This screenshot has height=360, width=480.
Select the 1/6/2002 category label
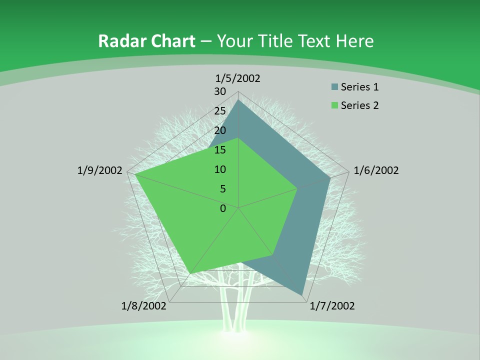(376, 170)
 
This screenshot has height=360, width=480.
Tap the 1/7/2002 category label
(332, 306)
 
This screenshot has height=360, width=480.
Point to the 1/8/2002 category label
(144, 306)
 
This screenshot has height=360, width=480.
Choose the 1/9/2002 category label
(100, 170)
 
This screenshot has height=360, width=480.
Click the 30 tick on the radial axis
(220, 91)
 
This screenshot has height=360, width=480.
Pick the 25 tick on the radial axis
(220, 111)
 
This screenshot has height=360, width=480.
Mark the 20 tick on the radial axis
(220, 130)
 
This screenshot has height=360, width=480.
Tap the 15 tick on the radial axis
(220, 150)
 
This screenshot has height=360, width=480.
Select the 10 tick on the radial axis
(220, 169)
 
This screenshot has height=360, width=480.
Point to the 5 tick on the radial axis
(223, 189)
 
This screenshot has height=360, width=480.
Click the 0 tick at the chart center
(223, 208)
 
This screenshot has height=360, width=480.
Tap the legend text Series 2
(360, 105)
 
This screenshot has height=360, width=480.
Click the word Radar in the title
(121, 41)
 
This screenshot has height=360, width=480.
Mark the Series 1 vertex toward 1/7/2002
(302, 294)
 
